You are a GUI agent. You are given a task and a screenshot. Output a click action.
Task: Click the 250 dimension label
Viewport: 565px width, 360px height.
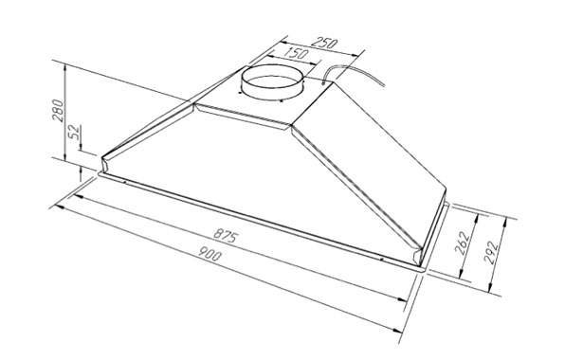point(325,45)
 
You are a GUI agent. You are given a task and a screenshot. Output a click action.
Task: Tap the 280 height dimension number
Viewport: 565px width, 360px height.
point(58,115)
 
